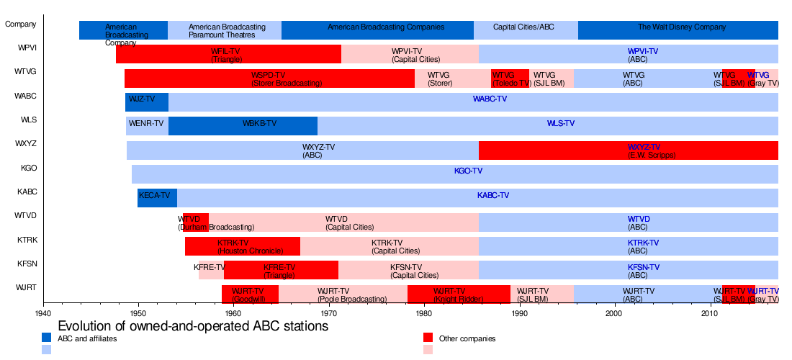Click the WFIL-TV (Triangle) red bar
228,54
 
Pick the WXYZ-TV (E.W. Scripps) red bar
628,150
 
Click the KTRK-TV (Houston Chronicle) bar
242,246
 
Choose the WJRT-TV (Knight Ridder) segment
459,294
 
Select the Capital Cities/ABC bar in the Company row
526,30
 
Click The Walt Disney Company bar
678,30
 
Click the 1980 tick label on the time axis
424,314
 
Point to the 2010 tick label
710,314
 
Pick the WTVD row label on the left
26,216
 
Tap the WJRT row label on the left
26,288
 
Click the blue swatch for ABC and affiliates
46,338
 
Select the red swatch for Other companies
428,338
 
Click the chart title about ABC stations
193,326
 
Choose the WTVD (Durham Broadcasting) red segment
195,222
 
